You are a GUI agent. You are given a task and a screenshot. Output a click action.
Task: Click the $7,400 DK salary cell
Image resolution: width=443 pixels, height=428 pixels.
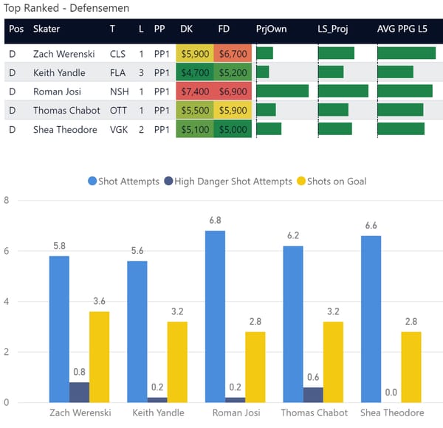tap(195, 91)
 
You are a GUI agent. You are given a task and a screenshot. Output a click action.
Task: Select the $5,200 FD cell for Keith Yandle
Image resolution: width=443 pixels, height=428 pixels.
tap(233, 72)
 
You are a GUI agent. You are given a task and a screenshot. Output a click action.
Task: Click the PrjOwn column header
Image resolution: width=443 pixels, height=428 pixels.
tap(272, 29)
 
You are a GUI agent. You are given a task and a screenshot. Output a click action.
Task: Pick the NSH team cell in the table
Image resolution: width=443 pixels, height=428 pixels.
tap(117, 91)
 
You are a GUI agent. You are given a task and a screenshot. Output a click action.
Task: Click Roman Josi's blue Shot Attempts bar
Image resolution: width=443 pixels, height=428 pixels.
tap(215, 316)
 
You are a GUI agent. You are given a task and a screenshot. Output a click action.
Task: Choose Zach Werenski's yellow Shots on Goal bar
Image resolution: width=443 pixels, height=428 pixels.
tap(100, 356)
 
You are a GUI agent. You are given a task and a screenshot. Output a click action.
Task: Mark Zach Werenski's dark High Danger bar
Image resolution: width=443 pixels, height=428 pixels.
tap(80, 392)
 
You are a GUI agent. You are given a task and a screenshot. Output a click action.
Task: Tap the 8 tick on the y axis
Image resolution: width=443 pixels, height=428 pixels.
tap(7, 200)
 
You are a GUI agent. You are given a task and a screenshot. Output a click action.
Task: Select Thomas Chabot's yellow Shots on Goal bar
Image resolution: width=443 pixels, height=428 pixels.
tap(333, 362)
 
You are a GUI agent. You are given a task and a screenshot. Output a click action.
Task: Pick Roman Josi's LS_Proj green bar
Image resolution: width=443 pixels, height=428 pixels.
tap(343, 91)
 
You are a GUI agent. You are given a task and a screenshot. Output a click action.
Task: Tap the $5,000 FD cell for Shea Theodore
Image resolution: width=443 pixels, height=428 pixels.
tap(233, 128)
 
